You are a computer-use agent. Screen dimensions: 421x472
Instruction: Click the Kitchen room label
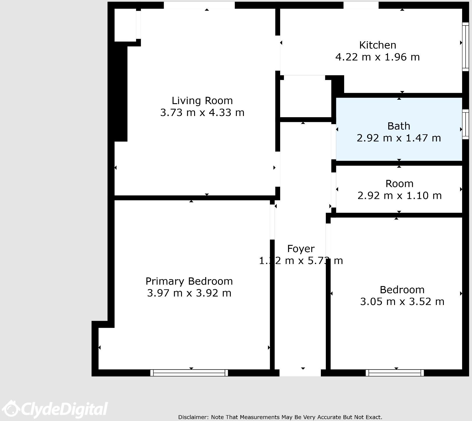pyautogui.click(x=378, y=45)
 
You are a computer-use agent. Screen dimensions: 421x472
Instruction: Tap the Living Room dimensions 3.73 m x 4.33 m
pyautogui.click(x=202, y=113)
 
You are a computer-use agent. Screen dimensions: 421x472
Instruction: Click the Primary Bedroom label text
pyautogui.click(x=189, y=281)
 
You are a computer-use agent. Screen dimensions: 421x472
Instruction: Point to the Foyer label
pyautogui.click(x=301, y=249)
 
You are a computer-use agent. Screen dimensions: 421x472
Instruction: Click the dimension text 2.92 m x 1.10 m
pyautogui.click(x=399, y=196)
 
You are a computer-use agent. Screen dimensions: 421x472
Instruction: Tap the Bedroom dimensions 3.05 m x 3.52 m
pyautogui.click(x=402, y=302)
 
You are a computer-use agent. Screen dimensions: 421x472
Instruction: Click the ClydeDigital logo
pyautogui.click(x=55, y=409)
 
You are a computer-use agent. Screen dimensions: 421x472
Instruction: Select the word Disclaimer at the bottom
pyautogui.click(x=193, y=417)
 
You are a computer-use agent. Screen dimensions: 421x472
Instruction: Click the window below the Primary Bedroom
pyautogui.click(x=189, y=373)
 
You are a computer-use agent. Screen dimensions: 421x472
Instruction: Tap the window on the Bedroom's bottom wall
pyautogui.click(x=395, y=373)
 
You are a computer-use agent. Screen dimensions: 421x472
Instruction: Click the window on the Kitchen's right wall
pyautogui.click(x=465, y=47)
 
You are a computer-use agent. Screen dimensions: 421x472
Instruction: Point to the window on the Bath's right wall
pyautogui.click(x=465, y=124)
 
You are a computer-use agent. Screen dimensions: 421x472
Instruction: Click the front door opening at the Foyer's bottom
pyautogui.click(x=300, y=373)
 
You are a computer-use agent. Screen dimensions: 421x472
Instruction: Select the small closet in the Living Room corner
pyautogui.click(x=125, y=25)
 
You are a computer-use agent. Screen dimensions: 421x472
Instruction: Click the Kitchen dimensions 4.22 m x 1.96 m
pyautogui.click(x=378, y=57)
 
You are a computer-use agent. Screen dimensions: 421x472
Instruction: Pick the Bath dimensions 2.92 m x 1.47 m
pyautogui.click(x=399, y=138)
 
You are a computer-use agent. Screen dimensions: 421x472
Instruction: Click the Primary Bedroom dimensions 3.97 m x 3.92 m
pyautogui.click(x=189, y=293)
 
